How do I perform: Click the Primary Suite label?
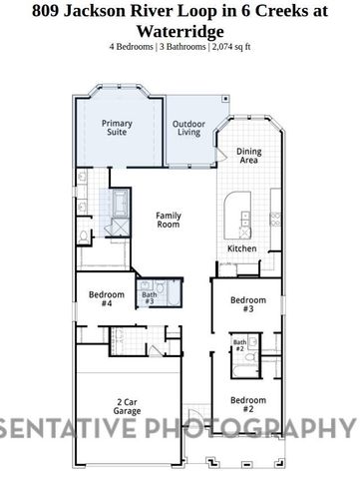(x=116, y=128)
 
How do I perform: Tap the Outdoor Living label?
(x=188, y=128)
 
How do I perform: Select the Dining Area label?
(x=248, y=156)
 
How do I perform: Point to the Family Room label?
(x=168, y=221)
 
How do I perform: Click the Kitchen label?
(x=242, y=248)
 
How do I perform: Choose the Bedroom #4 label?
(x=106, y=298)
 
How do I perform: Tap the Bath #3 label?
(x=149, y=297)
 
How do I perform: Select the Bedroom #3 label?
(x=248, y=304)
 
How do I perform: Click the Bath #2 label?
(x=239, y=345)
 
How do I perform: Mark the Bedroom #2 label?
(x=248, y=404)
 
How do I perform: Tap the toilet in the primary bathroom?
(x=84, y=237)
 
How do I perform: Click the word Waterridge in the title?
(x=180, y=31)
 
